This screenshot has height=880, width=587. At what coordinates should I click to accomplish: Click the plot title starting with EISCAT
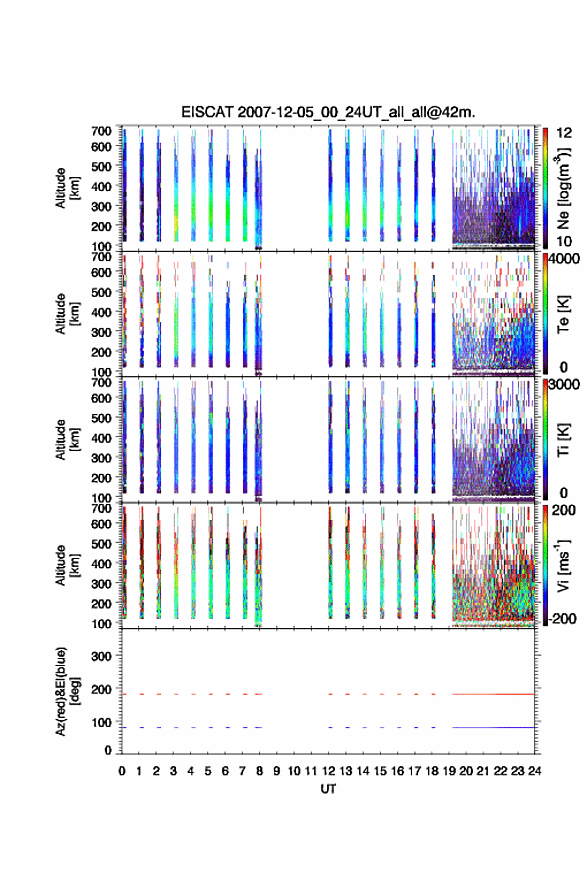click(x=328, y=112)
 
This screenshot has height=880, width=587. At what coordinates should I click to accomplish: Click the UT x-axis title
click(x=328, y=789)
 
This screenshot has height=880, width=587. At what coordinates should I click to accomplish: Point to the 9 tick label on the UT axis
click(x=277, y=771)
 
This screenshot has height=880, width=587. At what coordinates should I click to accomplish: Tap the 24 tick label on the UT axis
click(x=534, y=771)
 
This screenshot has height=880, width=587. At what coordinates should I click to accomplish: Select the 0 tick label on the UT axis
click(x=122, y=771)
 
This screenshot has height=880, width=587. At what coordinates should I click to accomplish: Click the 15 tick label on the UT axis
click(x=380, y=771)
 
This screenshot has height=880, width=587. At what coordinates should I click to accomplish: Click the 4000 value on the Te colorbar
click(x=564, y=260)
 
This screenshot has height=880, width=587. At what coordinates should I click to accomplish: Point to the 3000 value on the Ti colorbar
click(x=564, y=385)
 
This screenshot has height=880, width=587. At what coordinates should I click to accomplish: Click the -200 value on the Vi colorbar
click(x=561, y=618)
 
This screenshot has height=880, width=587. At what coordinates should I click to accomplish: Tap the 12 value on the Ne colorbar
click(x=564, y=133)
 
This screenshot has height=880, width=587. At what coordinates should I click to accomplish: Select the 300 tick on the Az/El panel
click(x=101, y=656)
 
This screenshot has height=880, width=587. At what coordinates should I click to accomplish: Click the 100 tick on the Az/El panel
click(x=101, y=722)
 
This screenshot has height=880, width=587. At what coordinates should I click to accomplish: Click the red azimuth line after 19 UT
click(x=493, y=694)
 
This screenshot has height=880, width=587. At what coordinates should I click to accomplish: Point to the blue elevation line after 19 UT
click(x=493, y=727)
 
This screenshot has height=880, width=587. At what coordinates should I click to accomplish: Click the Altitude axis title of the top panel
click(x=67, y=188)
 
